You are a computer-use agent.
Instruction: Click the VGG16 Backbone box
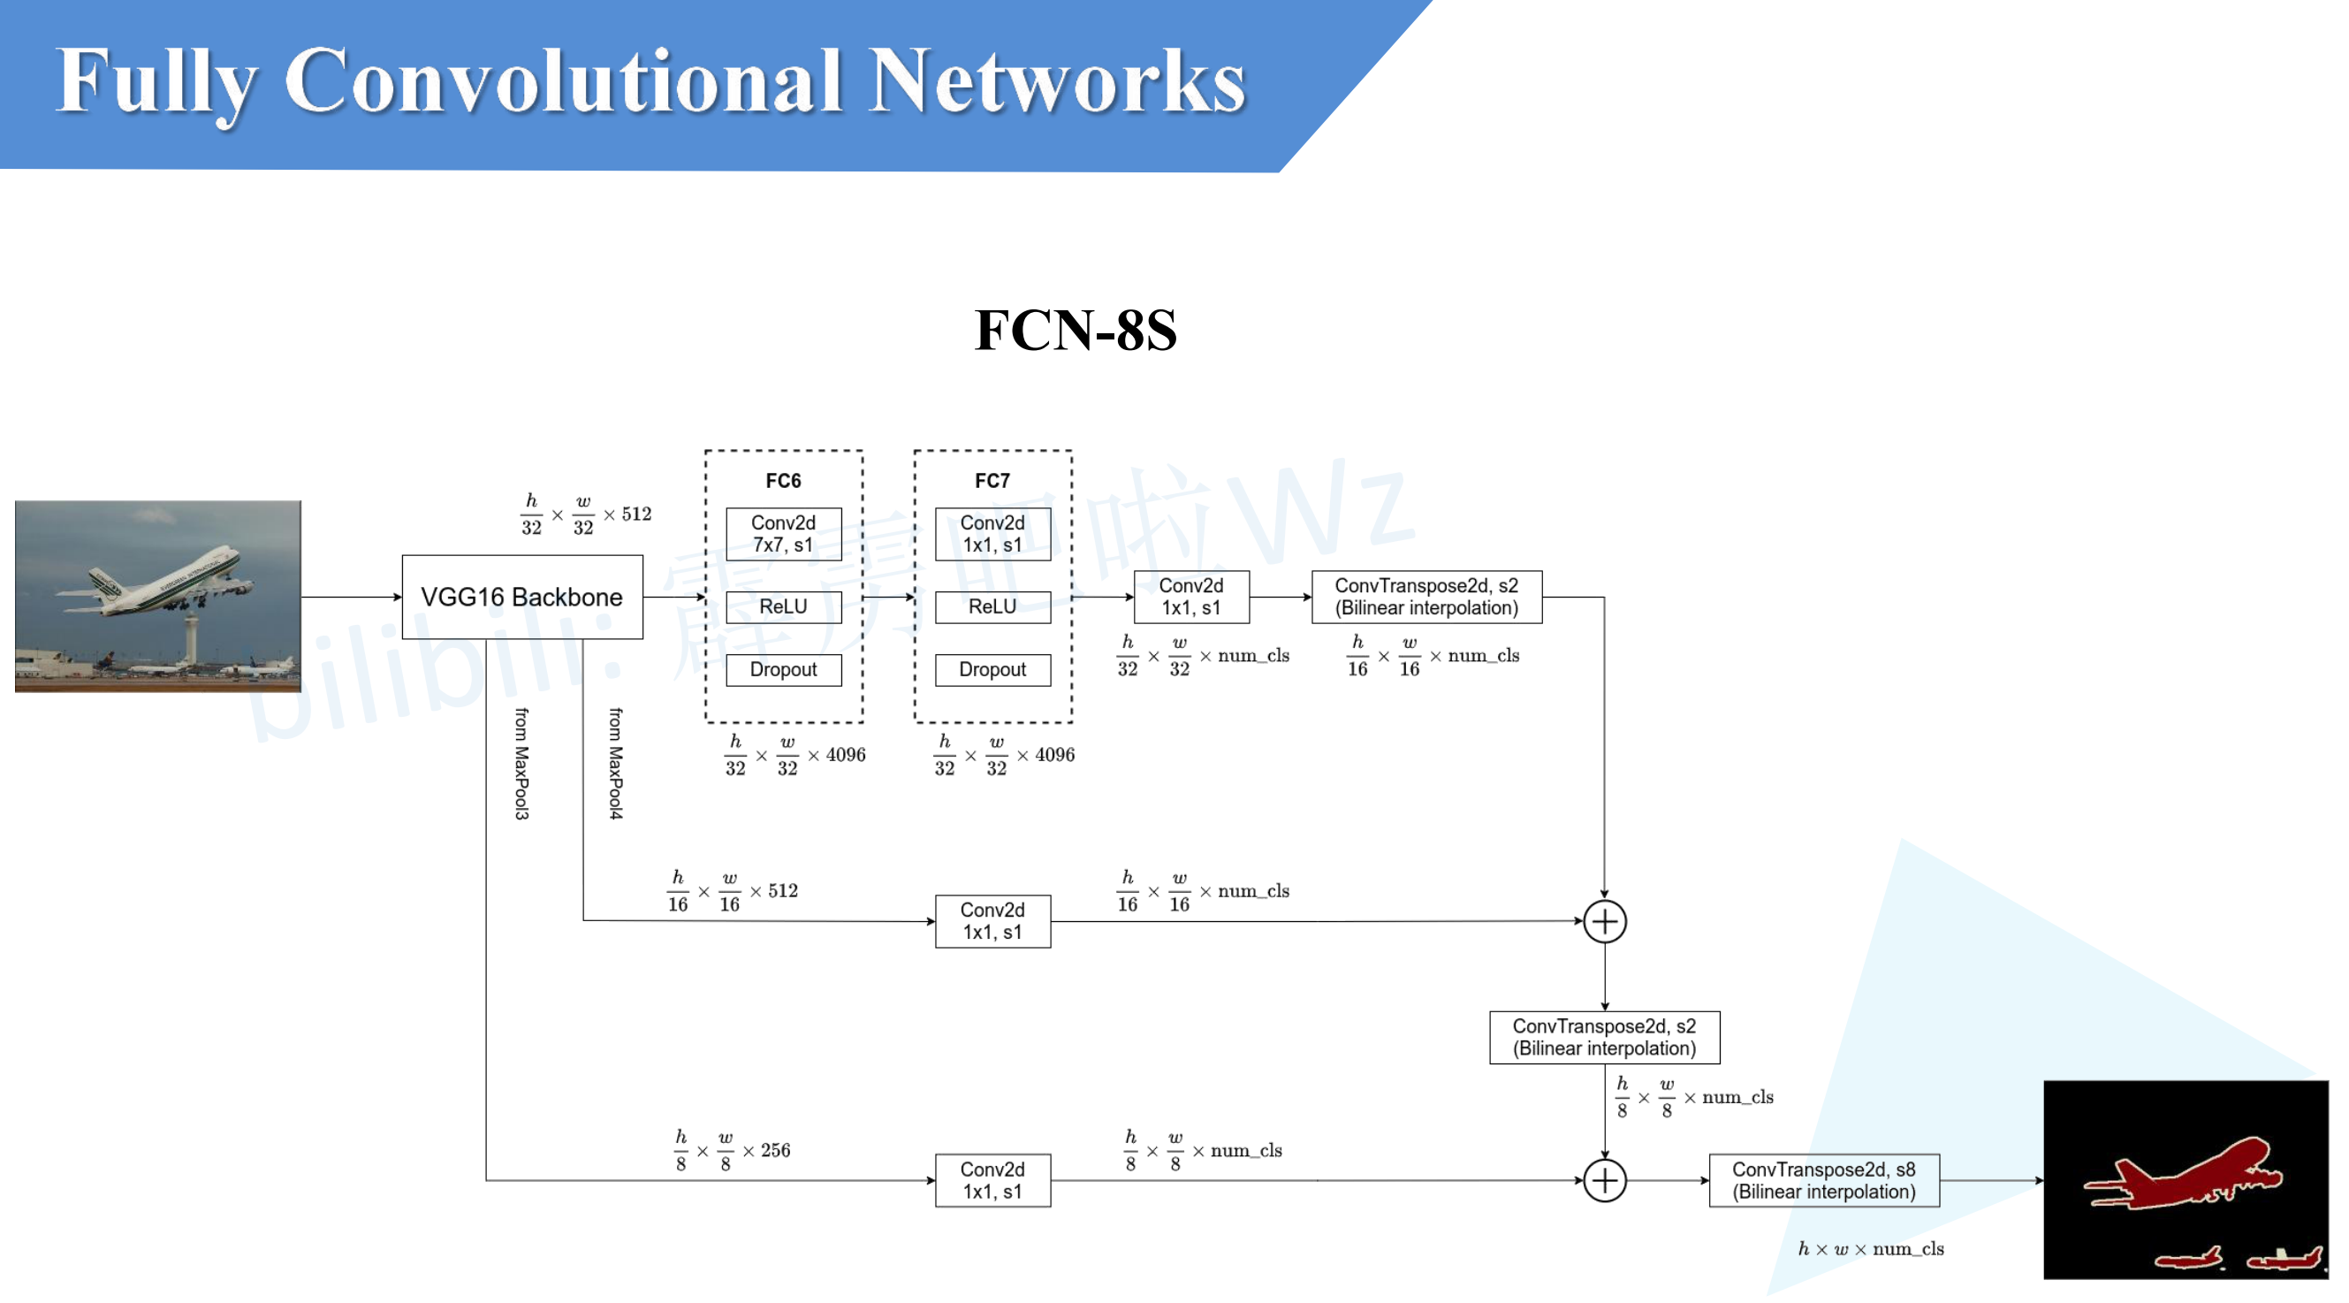coord(521,598)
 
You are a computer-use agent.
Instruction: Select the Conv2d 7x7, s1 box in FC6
coord(783,533)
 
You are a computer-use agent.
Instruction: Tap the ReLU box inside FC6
coord(783,606)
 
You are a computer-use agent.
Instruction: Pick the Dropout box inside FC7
coord(992,669)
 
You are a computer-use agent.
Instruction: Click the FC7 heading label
coord(992,481)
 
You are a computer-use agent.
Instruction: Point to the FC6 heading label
coord(783,481)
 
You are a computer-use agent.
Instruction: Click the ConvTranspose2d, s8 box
coord(1824,1180)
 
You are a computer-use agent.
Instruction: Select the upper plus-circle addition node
coord(1604,921)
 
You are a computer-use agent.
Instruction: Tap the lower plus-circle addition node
coord(1604,1181)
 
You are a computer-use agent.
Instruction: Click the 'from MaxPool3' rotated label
coord(521,763)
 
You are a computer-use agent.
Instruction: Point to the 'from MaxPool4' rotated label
coord(617,763)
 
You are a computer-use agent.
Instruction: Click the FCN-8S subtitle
coord(1076,329)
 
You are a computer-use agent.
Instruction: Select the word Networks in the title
coord(1057,82)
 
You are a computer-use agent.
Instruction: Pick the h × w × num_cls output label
coord(1870,1248)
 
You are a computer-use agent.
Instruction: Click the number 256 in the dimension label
coord(775,1150)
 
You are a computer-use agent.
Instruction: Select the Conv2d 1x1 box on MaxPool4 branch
coord(992,921)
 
